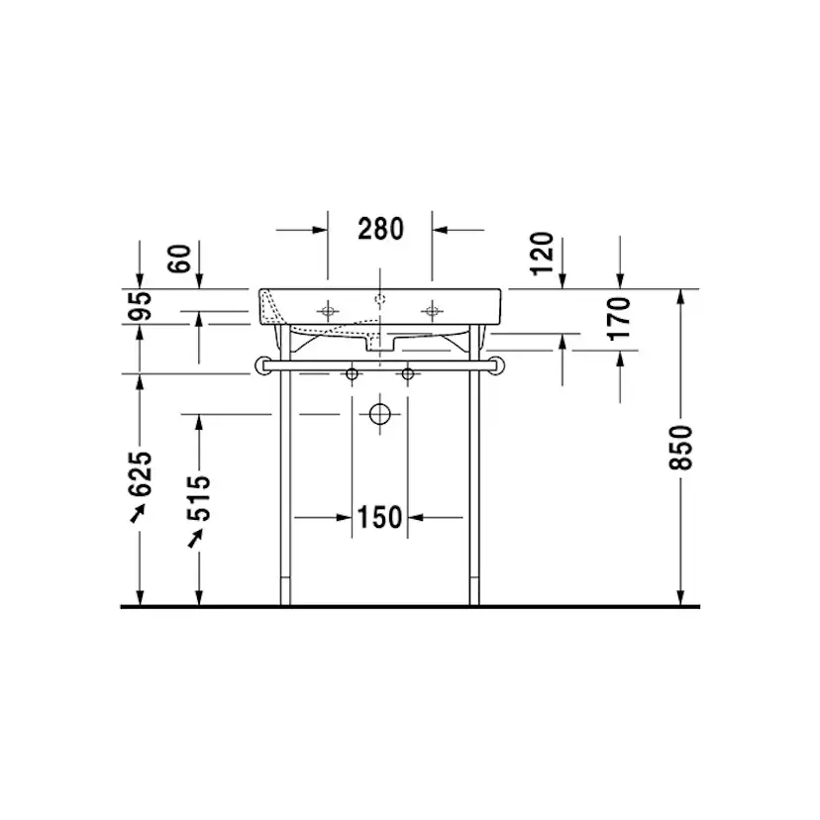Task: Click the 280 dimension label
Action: coord(380,230)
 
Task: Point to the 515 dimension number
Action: coord(199,497)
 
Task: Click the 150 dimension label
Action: coord(380,517)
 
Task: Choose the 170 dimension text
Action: coord(619,318)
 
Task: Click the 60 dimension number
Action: coord(179,258)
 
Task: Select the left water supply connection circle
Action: coord(351,374)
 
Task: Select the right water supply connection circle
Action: coord(407,374)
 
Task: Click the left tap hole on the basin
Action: coord(329,311)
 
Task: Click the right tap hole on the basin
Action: coord(431,311)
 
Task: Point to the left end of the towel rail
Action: coord(263,365)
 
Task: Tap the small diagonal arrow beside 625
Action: coord(139,512)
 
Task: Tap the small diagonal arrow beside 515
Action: coord(197,537)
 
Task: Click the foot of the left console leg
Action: coord(286,598)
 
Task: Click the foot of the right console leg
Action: coord(475,598)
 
